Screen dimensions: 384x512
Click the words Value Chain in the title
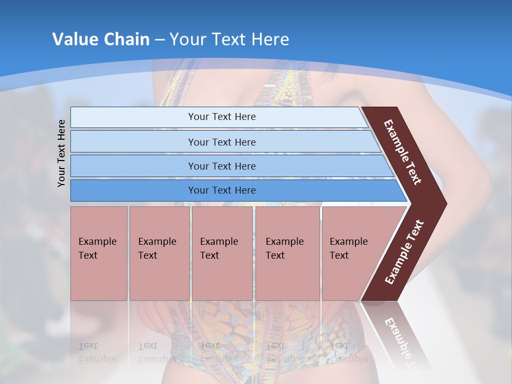[x=101, y=39]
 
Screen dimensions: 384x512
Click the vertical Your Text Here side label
[x=61, y=153]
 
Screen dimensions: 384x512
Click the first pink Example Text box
[x=99, y=253]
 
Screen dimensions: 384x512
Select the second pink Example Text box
[x=159, y=253]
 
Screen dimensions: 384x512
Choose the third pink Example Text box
[x=222, y=253]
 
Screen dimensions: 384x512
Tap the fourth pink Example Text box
[x=287, y=253]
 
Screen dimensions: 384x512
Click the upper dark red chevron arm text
[x=403, y=152]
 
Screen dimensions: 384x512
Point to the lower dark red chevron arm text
[x=404, y=252]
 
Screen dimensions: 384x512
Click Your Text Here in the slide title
[x=229, y=39]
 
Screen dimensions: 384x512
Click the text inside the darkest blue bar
[x=222, y=190]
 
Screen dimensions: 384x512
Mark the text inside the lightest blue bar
[x=222, y=117]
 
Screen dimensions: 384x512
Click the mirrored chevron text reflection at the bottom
[x=399, y=341]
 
